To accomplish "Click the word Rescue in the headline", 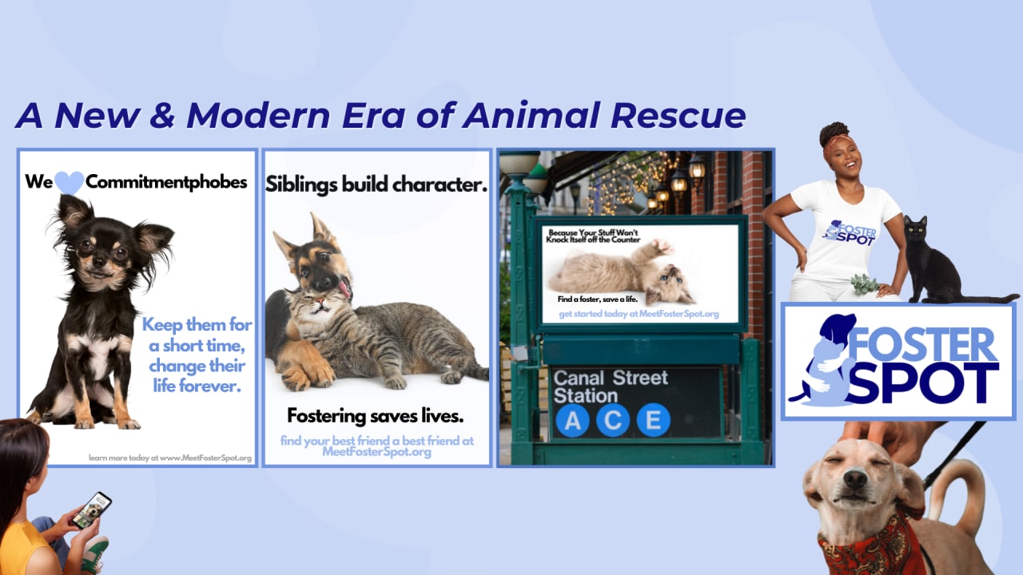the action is click(x=678, y=116).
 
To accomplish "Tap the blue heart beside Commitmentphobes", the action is click(x=69, y=182).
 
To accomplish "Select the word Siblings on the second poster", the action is click(x=301, y=184).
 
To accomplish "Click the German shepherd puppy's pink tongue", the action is click(x=344, y=288).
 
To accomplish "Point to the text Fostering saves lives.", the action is click(x=376, y=416).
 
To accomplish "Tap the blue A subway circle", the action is click(x=573, y=420).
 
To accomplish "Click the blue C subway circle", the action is click(x=613, y=420).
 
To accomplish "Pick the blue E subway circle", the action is click(x=654, y=420).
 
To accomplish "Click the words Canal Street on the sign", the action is click(x=611, y=379).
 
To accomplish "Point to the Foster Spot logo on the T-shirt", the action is click(x=850, y=233).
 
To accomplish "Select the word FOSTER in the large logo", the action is click(x=922, y=345).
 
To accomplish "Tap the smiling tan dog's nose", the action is click(x=855, y=479).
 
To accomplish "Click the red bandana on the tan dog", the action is click(x=868, y=548).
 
